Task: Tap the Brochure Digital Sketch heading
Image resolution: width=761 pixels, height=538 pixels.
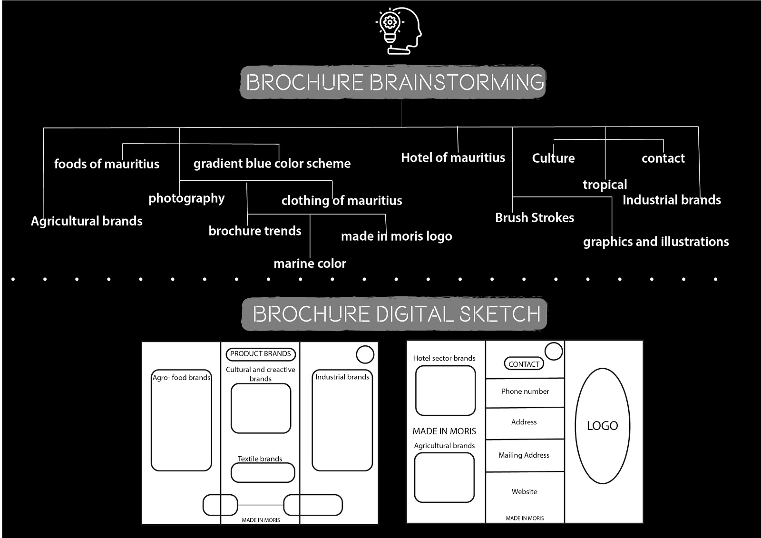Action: click(395, 314)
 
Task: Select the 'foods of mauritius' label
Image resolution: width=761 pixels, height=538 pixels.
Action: click(107, 164)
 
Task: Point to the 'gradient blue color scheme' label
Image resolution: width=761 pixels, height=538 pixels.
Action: click(272, 164)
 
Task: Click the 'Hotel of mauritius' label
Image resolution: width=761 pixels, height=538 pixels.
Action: click(453, 158)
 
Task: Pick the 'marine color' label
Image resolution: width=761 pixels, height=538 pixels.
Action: click(310, 264)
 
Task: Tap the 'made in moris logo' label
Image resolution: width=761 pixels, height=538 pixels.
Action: click(396, 236)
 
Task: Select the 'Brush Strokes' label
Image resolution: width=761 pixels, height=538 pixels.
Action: click(535, 218)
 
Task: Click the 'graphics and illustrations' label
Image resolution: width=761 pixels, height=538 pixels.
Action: click(656, 242)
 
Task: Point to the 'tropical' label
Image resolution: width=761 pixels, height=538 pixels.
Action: click(605, 185)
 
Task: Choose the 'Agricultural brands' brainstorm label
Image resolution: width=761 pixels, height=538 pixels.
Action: click(87, 221)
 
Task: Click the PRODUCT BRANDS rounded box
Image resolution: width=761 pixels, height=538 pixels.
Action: click(261, 354)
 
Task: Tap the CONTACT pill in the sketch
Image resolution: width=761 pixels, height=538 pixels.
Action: click(524, 364)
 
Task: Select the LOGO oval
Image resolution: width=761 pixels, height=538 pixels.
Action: click(603, 426)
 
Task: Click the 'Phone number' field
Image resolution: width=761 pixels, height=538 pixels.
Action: click(525, 391)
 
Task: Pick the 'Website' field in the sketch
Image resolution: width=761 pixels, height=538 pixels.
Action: click(525, 492)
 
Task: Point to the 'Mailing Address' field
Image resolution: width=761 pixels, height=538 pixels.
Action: click(524, 455)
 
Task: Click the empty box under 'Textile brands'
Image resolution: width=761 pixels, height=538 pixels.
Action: click(263, 472)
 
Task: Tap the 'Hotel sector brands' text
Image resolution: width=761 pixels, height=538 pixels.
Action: click(444, 358)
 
